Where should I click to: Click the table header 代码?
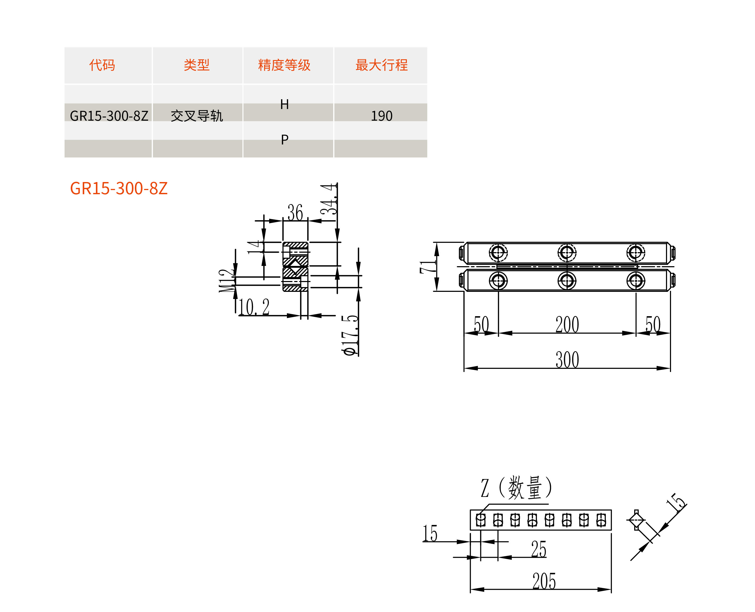pos(102,65)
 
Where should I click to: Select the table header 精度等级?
pos(284,65)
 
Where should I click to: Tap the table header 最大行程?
pos(381,65)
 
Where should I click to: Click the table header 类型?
pos(197,65)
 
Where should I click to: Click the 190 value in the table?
pos(381,116)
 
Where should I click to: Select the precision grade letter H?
pos(285,104)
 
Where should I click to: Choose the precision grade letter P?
pos(285,140)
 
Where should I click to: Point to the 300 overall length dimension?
pos(567,360)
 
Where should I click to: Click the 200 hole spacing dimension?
pos(567,324)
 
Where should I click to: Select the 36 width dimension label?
pos(295,212)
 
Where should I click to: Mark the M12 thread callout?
pos(226,281)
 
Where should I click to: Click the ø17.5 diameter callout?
pos(350,335)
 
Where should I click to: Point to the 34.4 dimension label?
pos(328,199)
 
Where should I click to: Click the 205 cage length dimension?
pos(544,581)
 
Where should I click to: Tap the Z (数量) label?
pos(516,488)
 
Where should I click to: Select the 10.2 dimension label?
pos(254,307)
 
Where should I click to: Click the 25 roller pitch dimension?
pos(539,549)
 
